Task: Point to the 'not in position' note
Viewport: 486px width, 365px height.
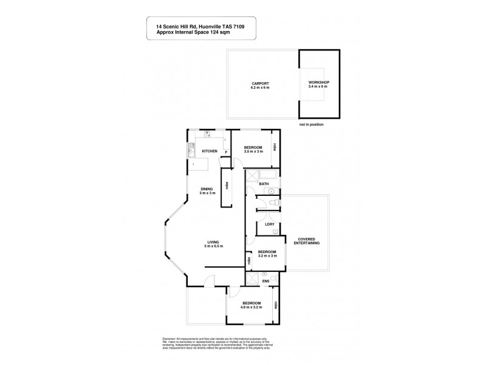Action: click(x=311, y=123)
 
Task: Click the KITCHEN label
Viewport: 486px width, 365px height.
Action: click(x=210, y=151)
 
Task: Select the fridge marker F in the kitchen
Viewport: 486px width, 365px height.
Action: click(x=226, y=151)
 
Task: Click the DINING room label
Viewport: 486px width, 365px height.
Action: click(x=207, y=189)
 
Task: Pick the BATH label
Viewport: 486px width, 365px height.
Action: click(x=264, y=183)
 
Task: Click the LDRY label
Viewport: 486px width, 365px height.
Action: click(x=270, y=225)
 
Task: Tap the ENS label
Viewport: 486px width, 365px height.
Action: click(x=266, y=281)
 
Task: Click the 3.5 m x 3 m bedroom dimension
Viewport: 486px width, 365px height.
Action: click(x=253, y=152)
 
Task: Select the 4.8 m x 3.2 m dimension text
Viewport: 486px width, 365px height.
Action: click(x=251, y=307)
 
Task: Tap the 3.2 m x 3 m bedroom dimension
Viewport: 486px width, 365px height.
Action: click(x=267, y=255)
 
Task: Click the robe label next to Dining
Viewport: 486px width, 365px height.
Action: click(x=227, y=188)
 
